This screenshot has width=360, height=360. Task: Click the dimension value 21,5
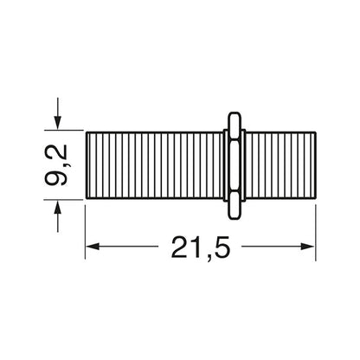point(201,249)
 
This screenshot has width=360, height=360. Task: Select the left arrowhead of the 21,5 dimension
point(93,249)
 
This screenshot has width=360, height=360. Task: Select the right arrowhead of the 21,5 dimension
point(308,249)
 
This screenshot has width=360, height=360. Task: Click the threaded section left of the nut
point(156,164)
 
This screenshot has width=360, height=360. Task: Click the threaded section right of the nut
point(277,164)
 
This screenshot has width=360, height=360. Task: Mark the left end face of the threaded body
point(87,164)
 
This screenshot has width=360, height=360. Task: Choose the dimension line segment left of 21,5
point(130,249)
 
